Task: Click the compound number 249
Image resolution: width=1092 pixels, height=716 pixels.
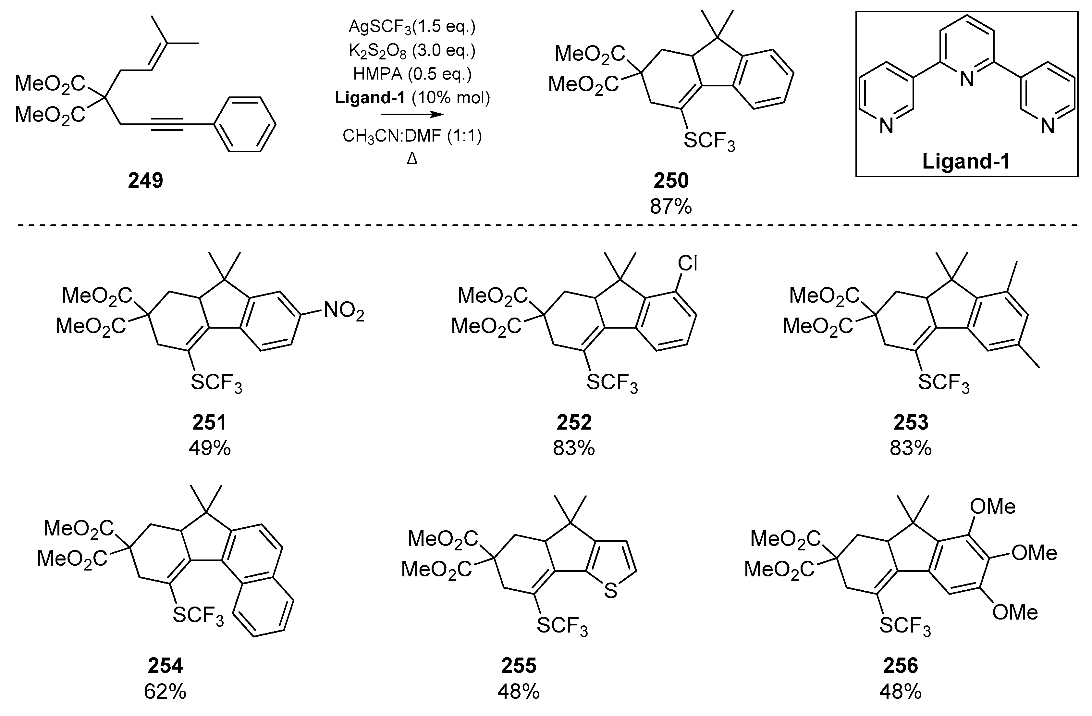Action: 145,181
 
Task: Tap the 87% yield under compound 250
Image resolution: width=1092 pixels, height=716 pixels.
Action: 670,207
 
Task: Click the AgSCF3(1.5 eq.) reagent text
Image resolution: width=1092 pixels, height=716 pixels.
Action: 412,27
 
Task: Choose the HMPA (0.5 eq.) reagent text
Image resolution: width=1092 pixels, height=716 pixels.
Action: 412,74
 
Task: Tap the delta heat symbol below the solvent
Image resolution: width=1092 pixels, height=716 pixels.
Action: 412,159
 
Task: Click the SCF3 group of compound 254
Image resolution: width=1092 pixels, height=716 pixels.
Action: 198,615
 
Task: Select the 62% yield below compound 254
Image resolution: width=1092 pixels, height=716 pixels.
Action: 165,692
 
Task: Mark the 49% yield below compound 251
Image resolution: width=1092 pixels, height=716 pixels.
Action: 210,448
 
